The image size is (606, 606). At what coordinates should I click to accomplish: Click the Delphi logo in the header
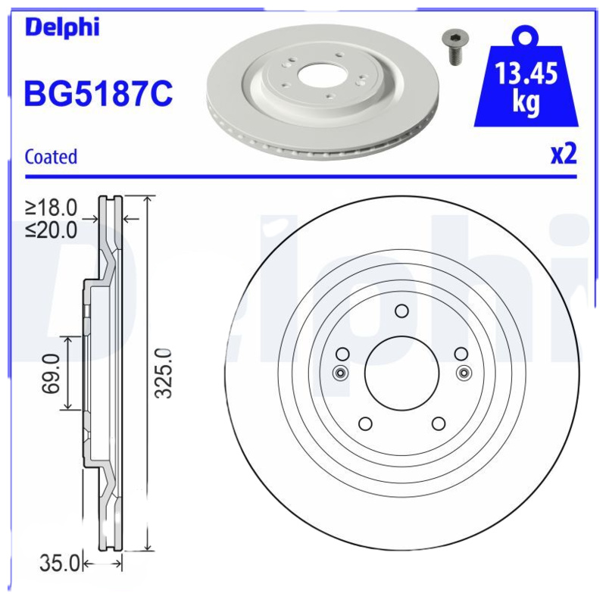(62, 27)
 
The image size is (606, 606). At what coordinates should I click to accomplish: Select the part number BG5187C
(98, 93)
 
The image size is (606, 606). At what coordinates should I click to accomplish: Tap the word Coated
(51, 157)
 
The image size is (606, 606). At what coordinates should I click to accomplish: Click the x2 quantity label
(564, 154)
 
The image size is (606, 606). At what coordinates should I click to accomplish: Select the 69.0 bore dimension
(51, 373)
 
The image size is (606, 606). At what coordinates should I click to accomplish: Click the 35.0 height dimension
(60, 564)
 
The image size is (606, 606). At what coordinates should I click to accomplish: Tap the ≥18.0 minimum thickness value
(52, 208)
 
